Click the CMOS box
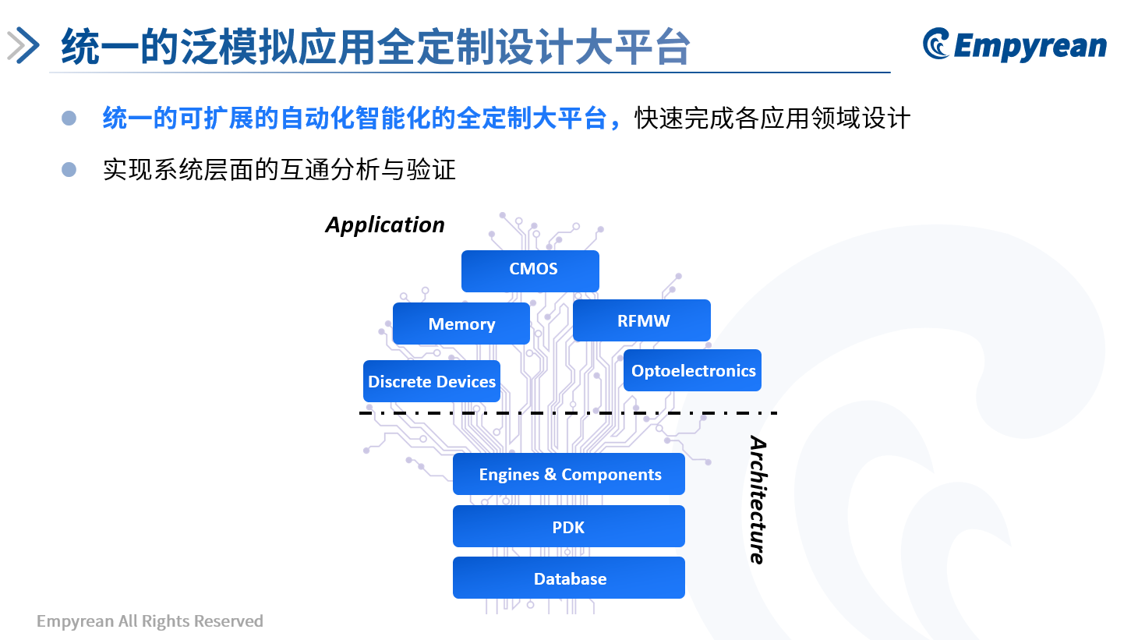point(530,270)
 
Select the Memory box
point(461,324)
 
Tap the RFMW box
point(641,320)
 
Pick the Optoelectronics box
point(692,370)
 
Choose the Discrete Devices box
point(432,381)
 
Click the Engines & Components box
point(569,474)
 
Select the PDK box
point(569,526)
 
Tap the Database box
point(569,578)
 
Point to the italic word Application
point(385,225)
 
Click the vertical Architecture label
point(758,500)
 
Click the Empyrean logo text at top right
point(1030,47)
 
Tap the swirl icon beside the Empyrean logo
point(936,44)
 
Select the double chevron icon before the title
point(23,45)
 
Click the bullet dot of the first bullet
point(69,118)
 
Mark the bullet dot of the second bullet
point(69,169)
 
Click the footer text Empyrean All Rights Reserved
point(150,621)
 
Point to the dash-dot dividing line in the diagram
point(568,413)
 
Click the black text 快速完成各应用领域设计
point(772,118)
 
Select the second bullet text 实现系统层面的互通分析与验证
point(279,169)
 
